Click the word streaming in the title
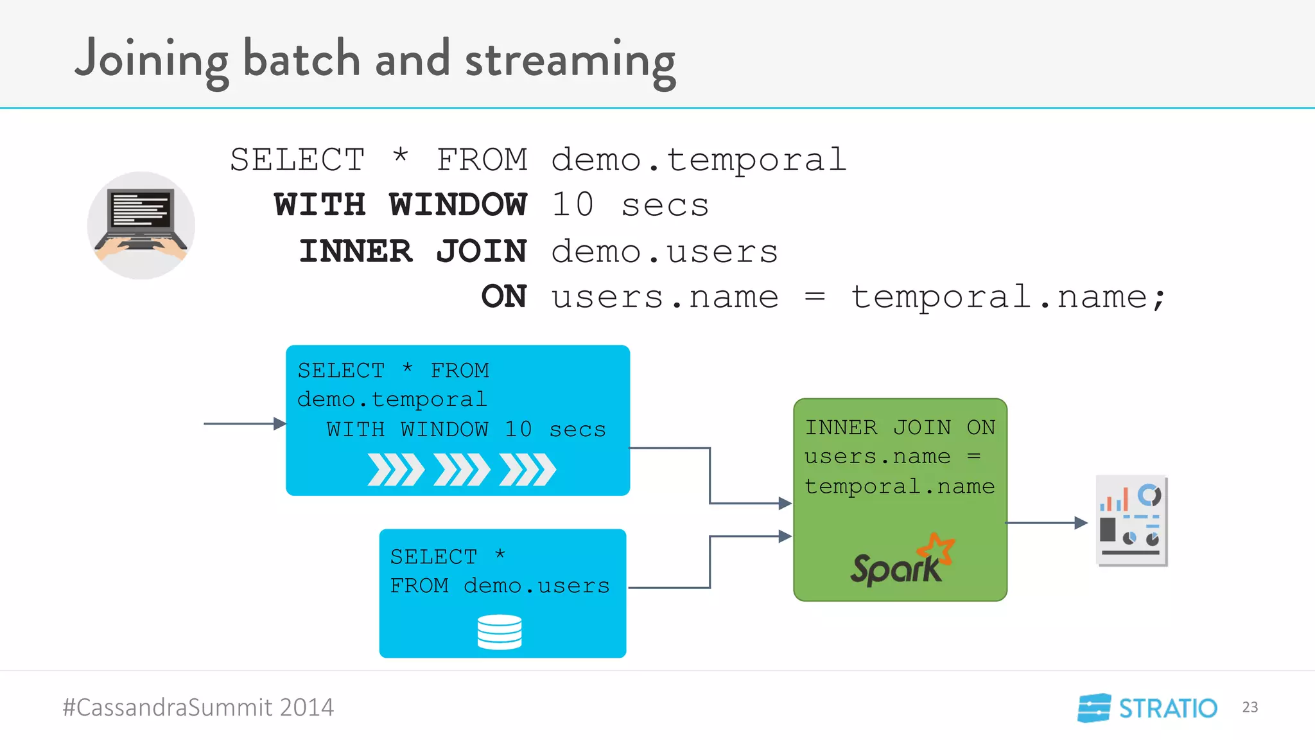click(570, 61)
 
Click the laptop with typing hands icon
click(141, 225)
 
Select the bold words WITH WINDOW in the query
click(400, 206)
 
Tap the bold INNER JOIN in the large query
click(413, 251)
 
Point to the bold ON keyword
click(504, 297)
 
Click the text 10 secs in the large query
click(629, 206)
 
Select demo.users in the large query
click(665, 251)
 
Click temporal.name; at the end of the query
click(1007, 297)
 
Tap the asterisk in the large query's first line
click(400, 156)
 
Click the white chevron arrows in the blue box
click(461, 470)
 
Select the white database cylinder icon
click(500, 632)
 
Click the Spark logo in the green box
click(901, 561)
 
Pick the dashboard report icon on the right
click(1131, 520)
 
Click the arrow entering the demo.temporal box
click(245, 424)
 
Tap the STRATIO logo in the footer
click(1147, 708)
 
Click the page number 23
click(1250, 707)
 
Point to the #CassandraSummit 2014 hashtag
click(198, 708)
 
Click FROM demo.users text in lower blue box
click(500, 586)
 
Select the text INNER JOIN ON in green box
click(900, 428)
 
